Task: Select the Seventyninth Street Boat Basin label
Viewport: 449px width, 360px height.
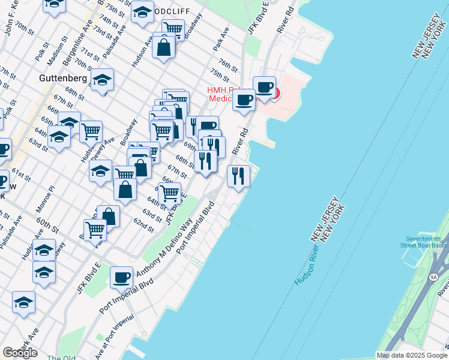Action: tap(423, 241)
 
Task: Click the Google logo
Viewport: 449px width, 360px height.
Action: tap(20, 353)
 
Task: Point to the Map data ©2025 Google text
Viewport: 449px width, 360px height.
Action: tap(412, 355)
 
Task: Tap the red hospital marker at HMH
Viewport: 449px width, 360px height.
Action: tap(276, 94)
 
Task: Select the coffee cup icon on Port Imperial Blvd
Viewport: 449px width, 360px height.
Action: tap(122, 277)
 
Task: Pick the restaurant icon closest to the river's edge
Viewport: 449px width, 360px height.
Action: tap(238, 176)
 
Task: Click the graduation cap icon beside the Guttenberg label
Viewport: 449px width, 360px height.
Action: tap(103, 80)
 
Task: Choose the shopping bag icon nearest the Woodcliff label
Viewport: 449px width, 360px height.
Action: tap(164, 47)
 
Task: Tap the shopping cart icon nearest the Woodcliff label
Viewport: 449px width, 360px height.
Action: tap(173, 28)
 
